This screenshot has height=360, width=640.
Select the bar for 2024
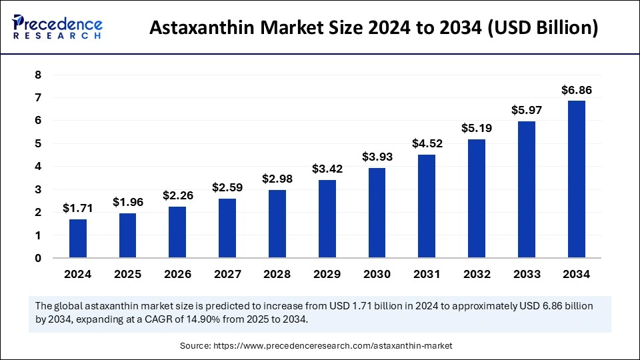coord(78,239)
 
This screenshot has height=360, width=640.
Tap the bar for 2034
coord(576,179)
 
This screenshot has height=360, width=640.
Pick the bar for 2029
coord(327,219)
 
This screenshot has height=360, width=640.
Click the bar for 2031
coord(427,206)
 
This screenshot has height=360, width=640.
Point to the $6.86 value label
coord(576,90)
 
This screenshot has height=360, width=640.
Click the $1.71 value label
coord(78,209)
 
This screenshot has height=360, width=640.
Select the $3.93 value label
coord(377,157)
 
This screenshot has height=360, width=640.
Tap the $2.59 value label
coord(227,188)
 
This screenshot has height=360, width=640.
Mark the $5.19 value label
coord(477,128)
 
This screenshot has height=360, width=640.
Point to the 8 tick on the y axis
coord(39,75)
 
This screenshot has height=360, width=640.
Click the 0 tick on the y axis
coord(39,258)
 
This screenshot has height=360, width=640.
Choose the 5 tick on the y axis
coord(39,144)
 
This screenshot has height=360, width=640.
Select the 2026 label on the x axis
coord(177,274)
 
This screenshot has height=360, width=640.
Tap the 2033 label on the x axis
coord(527,274)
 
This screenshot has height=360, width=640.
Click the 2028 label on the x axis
coord(277,274)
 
